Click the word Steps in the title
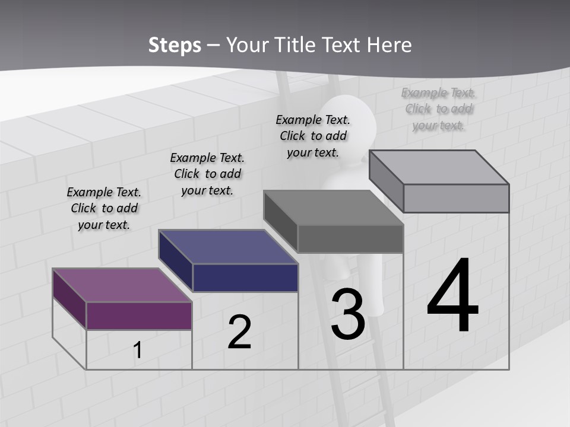175,45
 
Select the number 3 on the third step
347,314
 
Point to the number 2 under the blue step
239,332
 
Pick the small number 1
137,350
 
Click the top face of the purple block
122,285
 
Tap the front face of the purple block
139,316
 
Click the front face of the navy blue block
245,278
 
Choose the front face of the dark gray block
350,239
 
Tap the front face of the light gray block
456,198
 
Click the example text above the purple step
104,208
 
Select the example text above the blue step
207,174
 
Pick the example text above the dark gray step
313,136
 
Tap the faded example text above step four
438,109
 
